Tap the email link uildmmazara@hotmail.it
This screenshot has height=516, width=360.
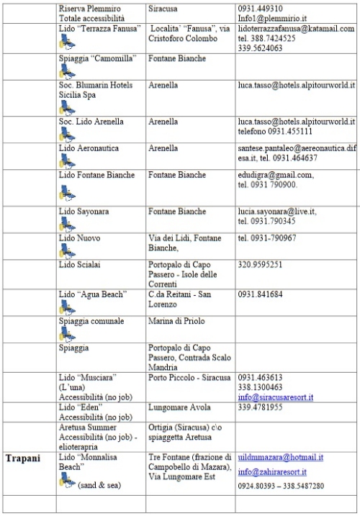pyautogui.click(x=281, y=457)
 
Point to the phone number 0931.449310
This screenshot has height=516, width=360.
pyautogui.click(x=260, y=8)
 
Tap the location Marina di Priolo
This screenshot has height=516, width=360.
pyautogui.click(x=176, y=321)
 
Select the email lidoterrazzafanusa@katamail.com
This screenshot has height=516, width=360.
pyautogui.click(x=295, y=28)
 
